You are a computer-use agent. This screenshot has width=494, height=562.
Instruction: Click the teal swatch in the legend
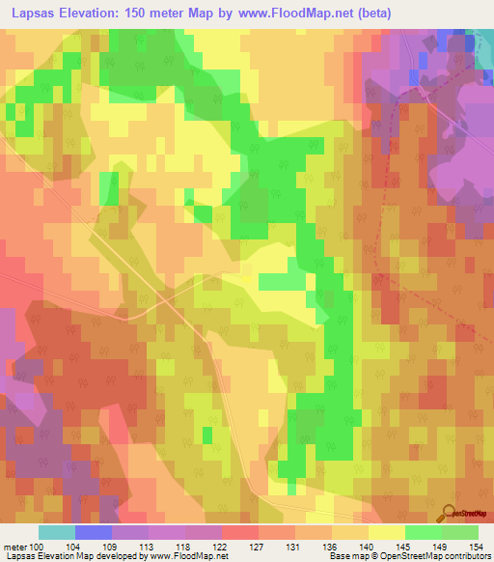pyautogui.click(x=57, y=532)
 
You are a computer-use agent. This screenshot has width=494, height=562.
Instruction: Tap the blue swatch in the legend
pyautogui.click(x=94, y=532)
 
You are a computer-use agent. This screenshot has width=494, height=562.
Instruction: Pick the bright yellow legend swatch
pyautogui.click(x=386, y=532)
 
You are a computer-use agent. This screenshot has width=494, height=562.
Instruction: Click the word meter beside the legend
pyautogui.click(x=16, y=546)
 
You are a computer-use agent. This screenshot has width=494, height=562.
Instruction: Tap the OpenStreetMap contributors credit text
pyautogui.click(x=435, y=556)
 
